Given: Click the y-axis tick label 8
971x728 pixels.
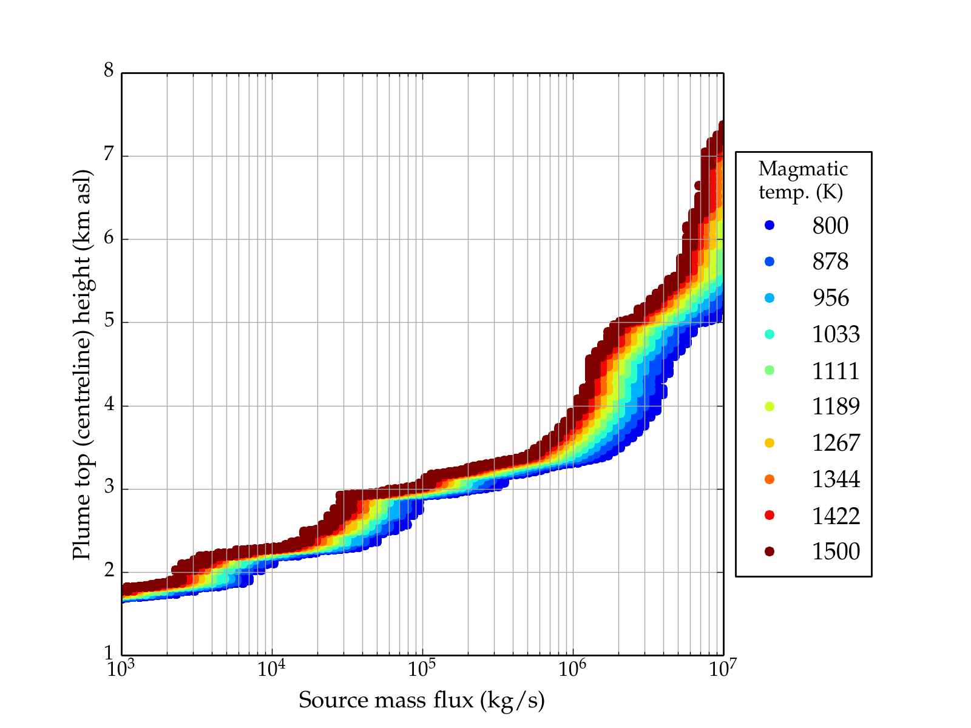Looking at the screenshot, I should click(x=109, y=71).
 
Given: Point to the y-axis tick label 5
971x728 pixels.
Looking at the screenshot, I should click(x=109, y=321).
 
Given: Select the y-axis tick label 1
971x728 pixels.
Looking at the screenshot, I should click(x=109, y=654).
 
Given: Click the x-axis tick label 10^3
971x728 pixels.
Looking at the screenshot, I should click(x=122, y=669).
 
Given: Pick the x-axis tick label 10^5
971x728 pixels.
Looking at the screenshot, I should click(x=422, y=669).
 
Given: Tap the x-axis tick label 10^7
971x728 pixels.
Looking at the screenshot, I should click(x=723, y=669).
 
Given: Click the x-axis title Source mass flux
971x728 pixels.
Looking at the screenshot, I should click(x=422, y=700).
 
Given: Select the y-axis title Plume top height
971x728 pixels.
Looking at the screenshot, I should click(x=82, y=364).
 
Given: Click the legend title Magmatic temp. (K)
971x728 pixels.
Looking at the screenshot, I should click(x=803, y=180).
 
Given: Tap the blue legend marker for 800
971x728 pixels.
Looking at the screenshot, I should click(x=770, y=225).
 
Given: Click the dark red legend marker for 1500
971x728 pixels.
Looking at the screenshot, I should click(x=770, y=551).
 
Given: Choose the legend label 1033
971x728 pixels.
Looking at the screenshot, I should click(x=836, y=334).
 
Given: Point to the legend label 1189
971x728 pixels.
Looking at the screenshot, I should click(x=836, y=406).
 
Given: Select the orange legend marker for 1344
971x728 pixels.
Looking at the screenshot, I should click(x=770, y=479).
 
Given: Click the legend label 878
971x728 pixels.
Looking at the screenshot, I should click(x=830, y=261).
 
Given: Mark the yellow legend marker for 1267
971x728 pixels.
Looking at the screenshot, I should click(x=770, y=443).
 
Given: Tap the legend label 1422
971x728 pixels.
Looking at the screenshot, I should click(x=836, y=516).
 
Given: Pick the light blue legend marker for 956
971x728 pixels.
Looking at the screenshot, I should click(x=770, y=298).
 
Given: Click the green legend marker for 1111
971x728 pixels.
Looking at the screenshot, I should click(x=770, y=370).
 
